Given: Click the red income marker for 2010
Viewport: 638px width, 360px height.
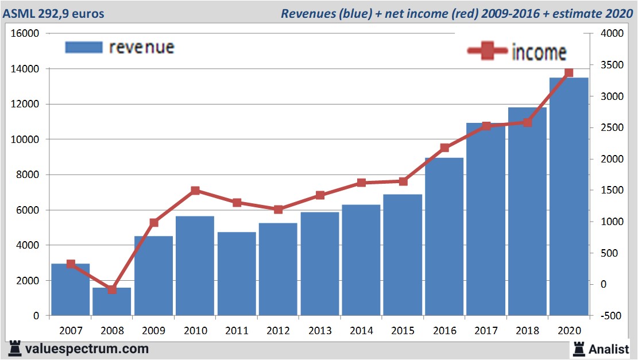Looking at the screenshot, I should (195, 191).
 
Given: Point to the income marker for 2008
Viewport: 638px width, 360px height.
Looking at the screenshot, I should (112, 289).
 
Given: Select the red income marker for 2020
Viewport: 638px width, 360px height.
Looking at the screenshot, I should (569, 73).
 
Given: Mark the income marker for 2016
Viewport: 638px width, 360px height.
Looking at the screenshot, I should (444, 148).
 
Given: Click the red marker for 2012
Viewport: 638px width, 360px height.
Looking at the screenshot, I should (279, 210).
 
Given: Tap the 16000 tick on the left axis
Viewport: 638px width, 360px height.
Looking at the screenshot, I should (25, 34).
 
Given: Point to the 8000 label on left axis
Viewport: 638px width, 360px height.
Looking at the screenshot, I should (28, 175).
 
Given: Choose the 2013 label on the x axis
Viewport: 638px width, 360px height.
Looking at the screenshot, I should (320, 331).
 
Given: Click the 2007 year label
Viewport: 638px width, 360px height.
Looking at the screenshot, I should (71, 331).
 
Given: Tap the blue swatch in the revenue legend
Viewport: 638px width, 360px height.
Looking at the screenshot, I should (84, 47).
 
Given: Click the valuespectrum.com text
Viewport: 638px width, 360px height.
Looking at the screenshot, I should (86, 349).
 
